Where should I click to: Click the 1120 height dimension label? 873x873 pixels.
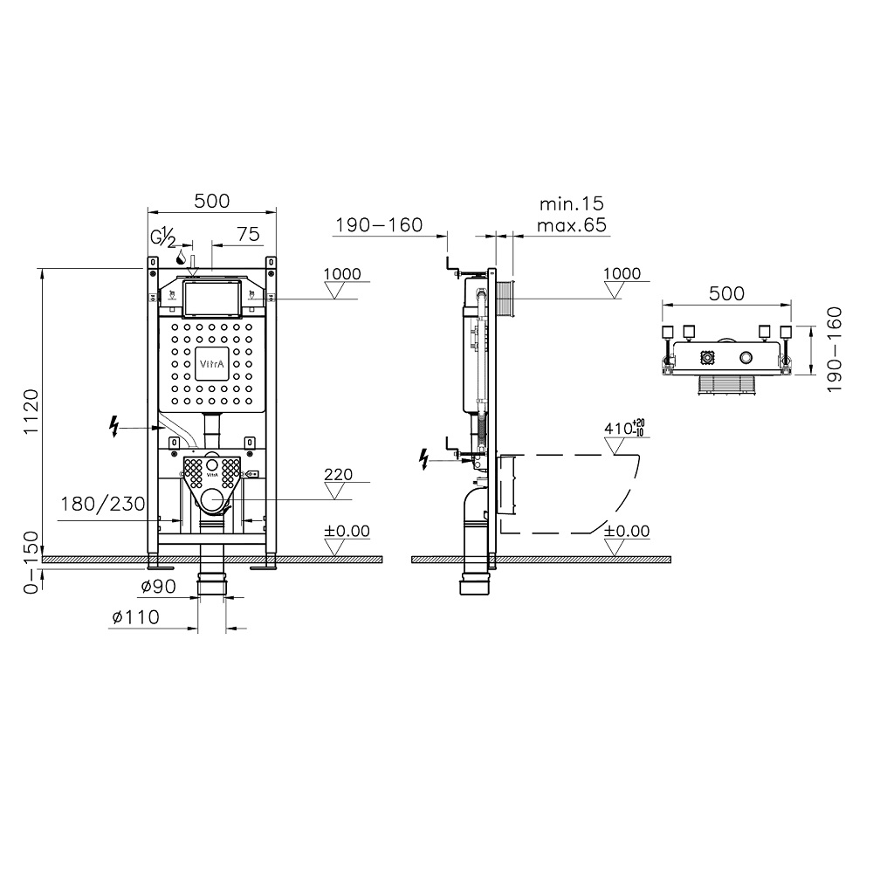click(31, 412)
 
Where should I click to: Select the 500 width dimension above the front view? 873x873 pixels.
click(212, 201)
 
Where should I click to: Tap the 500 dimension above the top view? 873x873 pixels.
click(726, 292)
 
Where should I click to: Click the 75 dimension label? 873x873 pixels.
click(248, 234)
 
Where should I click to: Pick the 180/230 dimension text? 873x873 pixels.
click(102, 504)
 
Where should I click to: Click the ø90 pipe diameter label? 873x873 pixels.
click(159, 586)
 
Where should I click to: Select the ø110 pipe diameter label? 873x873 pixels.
click(136, 617)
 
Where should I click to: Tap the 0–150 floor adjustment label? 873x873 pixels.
click(31, 562)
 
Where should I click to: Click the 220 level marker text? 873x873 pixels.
click(339, 474)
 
